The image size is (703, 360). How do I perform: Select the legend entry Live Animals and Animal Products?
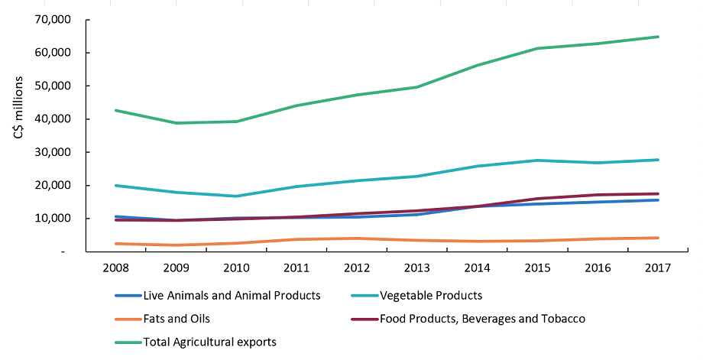click(232, 295)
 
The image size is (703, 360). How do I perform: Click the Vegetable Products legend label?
click(431, 295)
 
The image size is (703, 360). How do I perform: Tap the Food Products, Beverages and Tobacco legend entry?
click(482, 318)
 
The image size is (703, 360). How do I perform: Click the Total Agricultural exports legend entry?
click(210, 342)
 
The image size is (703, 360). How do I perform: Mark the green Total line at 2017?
click(658, 37)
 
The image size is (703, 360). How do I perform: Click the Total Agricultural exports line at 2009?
click(176, 123)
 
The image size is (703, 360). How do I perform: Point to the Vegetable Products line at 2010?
click(236, 196)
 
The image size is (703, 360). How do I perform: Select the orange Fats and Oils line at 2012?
click(356, 238)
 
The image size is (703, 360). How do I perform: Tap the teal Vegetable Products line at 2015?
click(537, 161)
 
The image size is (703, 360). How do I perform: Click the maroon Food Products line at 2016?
click(598, 195)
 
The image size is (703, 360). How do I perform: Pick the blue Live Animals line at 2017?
click(658, 200)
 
